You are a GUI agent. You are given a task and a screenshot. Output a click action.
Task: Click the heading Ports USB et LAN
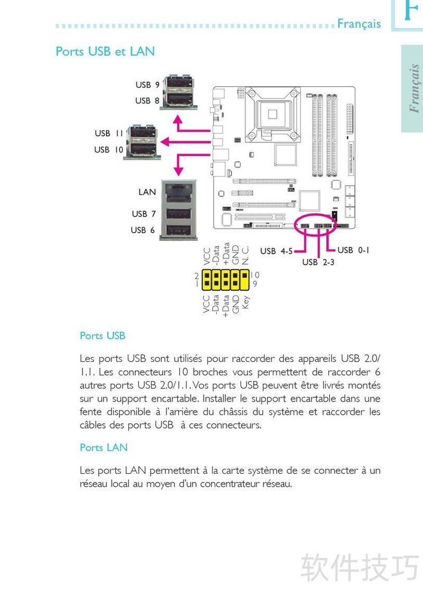(105, 51)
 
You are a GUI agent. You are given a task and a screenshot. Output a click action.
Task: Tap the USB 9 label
(147, 85)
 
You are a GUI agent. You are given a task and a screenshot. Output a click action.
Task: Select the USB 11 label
(109, 133)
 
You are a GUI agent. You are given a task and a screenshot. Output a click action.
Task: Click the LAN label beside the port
(147, 192)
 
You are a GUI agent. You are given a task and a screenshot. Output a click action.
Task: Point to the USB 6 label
(143, 230)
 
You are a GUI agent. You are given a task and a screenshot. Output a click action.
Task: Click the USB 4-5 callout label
(276, 251)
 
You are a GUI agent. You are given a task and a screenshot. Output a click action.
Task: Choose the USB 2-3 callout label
(318, 262)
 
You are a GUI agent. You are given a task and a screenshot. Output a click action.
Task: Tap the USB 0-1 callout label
(353, 250)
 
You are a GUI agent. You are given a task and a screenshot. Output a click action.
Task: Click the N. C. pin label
(245, 256)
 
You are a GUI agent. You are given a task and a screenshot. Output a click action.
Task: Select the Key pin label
(245, 302)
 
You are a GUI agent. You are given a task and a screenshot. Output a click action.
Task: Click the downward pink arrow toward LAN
(179, 165)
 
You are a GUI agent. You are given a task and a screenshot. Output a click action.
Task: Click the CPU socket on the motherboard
(273, 113)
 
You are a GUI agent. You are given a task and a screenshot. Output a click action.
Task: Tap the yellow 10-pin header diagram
(225, 279)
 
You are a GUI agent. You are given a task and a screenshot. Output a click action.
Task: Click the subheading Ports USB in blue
(103, 335)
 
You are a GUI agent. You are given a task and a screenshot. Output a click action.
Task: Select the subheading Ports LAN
(104, 448)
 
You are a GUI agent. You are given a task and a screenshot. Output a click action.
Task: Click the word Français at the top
(359, 24)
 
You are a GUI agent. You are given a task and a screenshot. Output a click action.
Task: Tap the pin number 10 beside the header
(255, 275)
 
